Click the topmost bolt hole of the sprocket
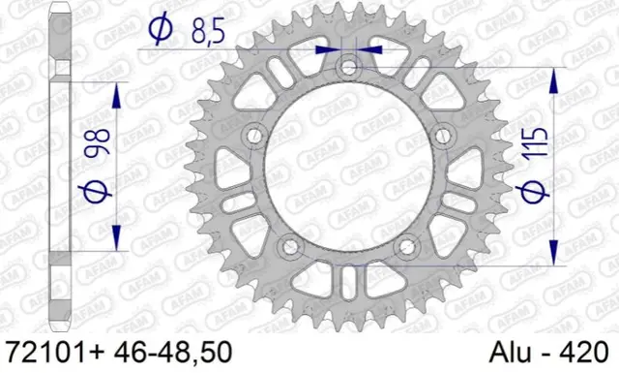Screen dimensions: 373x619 [348, 67]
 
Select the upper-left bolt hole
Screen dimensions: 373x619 [255, 135]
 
